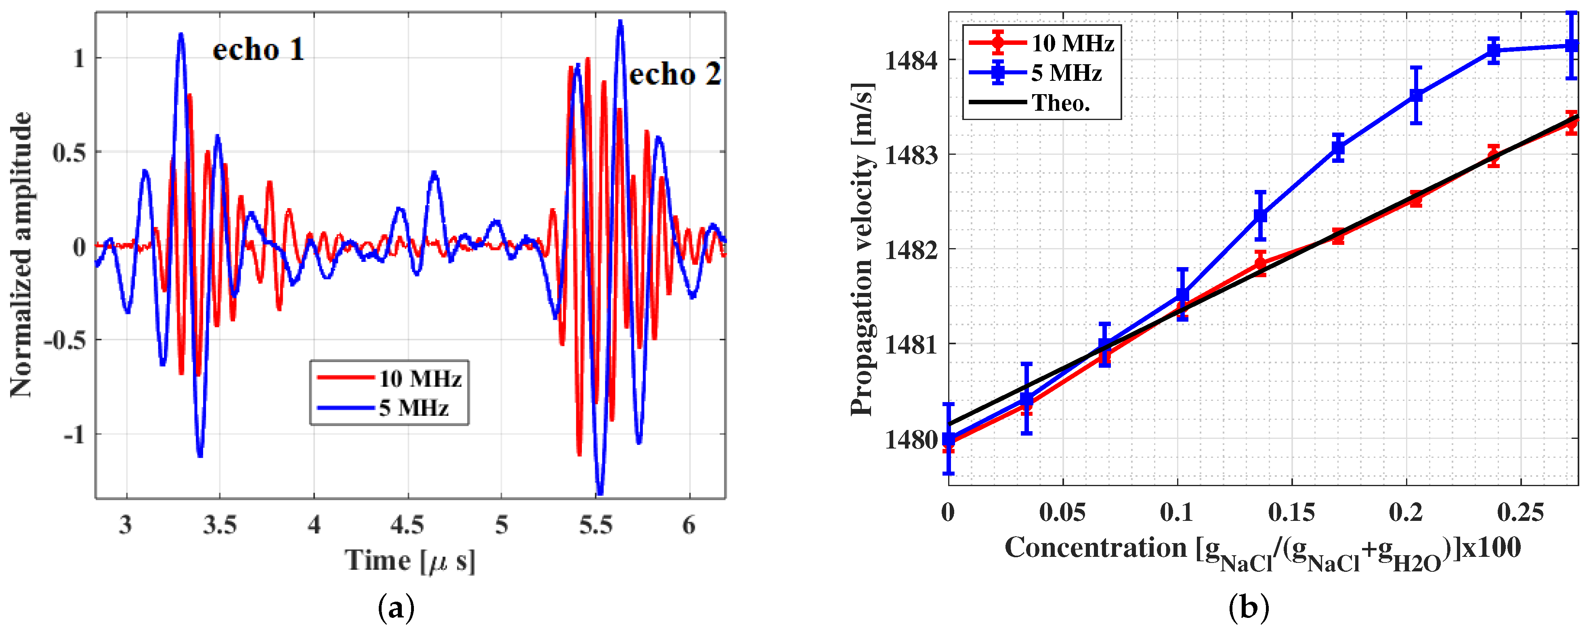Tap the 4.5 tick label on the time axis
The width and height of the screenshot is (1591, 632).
pos(407,525)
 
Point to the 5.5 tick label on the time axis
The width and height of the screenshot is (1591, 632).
pos(595,525)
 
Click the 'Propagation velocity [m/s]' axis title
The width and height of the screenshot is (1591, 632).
pos(863,249)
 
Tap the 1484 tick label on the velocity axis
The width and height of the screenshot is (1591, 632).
pos(911,61)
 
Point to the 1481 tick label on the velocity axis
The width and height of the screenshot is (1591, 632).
pos(911,345)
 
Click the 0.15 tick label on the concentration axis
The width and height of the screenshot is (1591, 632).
pos(1291,512)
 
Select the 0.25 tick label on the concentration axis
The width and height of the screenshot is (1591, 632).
pos(1520,512)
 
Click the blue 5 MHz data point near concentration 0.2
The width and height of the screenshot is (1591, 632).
pos(1416,95)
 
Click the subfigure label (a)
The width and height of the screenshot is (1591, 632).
pos(395,609)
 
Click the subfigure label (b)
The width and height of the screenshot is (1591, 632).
pos(1248,609)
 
